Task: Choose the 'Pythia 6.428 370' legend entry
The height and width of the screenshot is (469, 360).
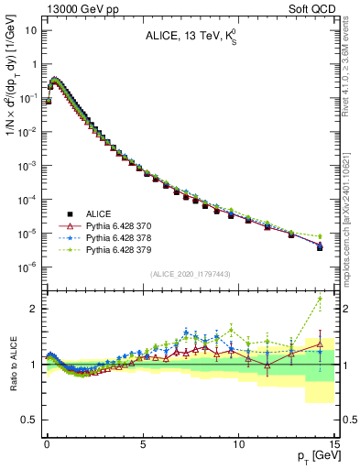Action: click(115, 224)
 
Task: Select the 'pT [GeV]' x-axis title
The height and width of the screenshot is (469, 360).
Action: click(317, 455)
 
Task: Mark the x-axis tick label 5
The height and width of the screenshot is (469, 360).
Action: click(143, 443)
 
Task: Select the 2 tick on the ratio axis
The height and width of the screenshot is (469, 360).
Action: click(35, 309)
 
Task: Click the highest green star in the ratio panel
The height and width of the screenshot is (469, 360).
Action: click(320, 299)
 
